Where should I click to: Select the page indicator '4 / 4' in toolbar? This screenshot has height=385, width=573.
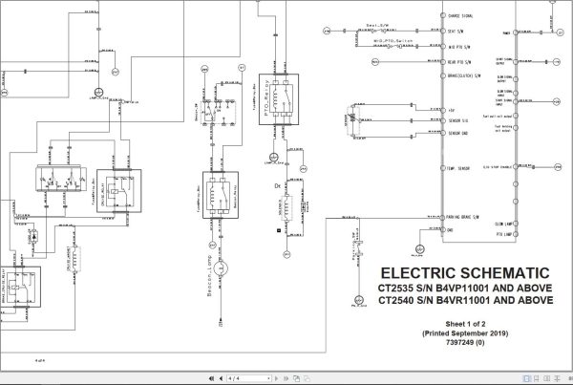(x=235, y=377)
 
